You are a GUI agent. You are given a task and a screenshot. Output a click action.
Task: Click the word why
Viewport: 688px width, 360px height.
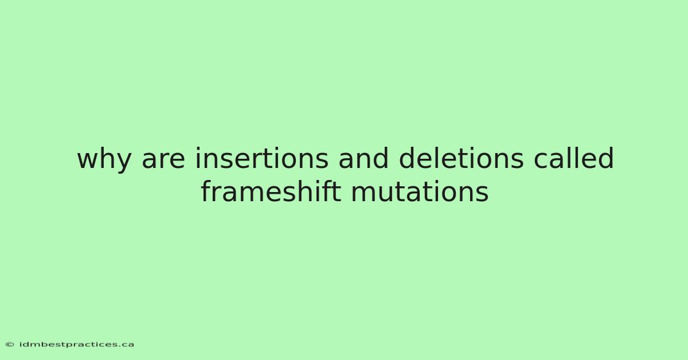pos(104,159)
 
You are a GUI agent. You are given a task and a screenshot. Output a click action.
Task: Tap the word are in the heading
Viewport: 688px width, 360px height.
pos(163,160)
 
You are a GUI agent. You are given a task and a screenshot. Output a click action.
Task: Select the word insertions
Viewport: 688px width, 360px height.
pos(261,158)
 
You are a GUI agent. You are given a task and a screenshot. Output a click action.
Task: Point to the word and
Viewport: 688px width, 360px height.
pos(363,158)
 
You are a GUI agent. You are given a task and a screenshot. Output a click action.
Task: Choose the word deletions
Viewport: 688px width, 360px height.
pos(461,158)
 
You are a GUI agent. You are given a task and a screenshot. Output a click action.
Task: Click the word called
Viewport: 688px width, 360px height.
pos(574,158)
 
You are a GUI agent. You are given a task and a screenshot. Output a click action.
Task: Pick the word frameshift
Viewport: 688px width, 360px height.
pos(271,191)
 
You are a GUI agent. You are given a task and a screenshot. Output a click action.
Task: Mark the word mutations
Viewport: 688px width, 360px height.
pos(420,191)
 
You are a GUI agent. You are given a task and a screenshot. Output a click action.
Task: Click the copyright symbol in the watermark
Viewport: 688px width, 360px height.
pos(10,345)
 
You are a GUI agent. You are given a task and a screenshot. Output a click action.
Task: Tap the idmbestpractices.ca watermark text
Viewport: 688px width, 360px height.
pos(77,345)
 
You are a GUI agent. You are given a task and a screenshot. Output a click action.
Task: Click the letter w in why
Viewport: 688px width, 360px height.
pos(88,161)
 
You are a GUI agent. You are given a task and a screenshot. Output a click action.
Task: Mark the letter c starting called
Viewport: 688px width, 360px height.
pos(541,161)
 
